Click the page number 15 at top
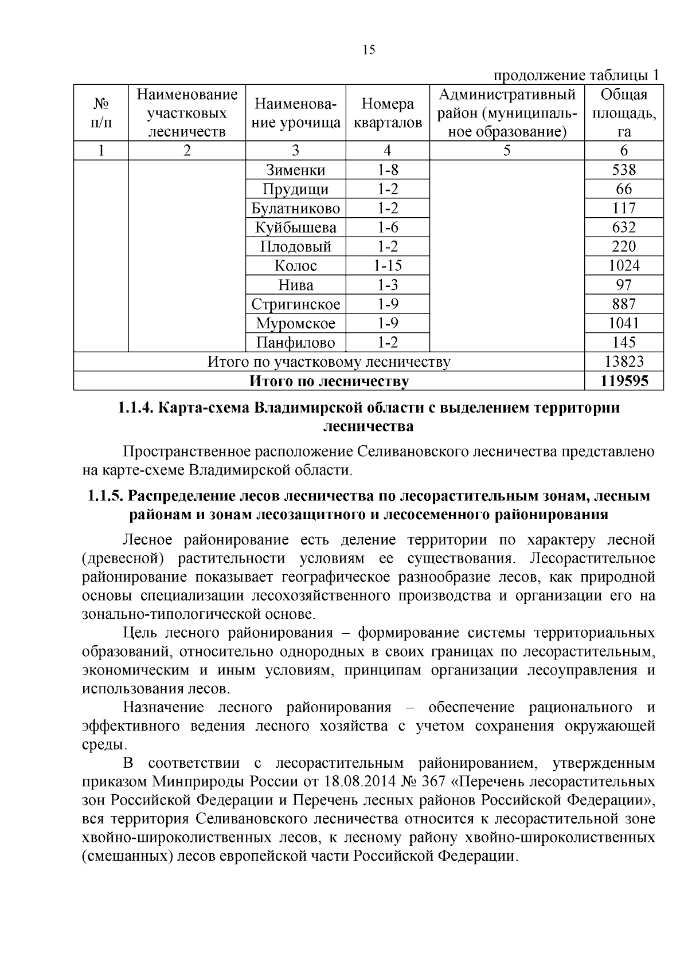369,50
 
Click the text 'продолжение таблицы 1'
576,75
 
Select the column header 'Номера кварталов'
388,113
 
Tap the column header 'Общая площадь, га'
624,113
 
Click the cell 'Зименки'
295,170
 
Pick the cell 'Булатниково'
295,209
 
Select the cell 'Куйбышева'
295,227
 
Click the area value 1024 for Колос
624,266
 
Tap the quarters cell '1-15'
388,266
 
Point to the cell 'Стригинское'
295,304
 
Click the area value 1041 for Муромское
624,323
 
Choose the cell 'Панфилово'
295,343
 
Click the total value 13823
624,362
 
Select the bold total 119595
624,381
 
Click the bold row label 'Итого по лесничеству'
329,381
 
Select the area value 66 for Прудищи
624,189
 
